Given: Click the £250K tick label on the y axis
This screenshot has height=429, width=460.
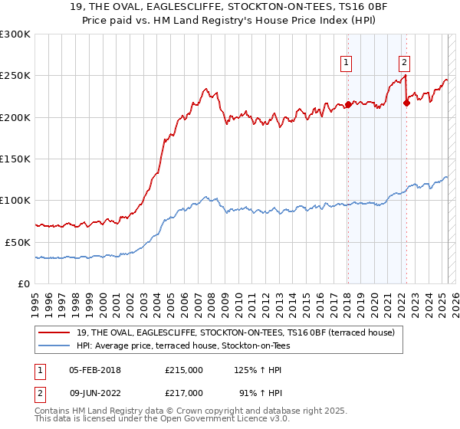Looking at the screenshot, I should click(x=15, y=76).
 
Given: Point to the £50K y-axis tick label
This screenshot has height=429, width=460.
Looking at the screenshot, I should click(x=18, y=242).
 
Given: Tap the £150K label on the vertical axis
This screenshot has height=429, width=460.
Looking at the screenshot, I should click(x=15, y=159).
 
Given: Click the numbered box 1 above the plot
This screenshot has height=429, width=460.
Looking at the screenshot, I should click(x=347, y=64).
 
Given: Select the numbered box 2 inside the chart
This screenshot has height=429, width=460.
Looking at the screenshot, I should click(x=404, y=64).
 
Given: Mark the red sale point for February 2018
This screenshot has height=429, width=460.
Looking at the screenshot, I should click(x=348, y=105).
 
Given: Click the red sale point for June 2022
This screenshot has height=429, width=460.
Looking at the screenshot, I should click(x=406, y=103).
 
